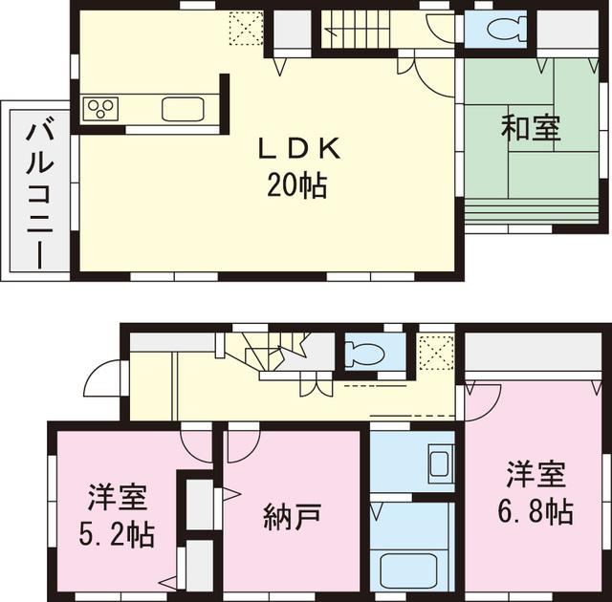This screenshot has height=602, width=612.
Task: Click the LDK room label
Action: click(296, 149)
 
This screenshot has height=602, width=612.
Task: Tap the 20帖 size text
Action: click(296, 183)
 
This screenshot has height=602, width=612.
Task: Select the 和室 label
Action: click(531, 129)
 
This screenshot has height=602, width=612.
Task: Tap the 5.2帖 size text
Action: click(117, 530)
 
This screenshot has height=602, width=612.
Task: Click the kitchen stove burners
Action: click(99, 109)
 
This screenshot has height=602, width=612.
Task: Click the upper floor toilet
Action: click(503, 30)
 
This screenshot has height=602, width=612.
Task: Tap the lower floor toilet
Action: click(362, 353)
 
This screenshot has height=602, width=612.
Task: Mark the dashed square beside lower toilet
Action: click(436, 354)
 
